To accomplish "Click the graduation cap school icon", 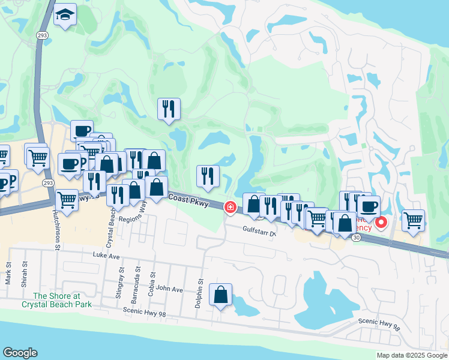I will click(64, 16).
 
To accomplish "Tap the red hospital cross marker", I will click(230, 207).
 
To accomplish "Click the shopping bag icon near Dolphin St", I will click(221, 295).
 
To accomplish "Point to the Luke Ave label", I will click(107, 255).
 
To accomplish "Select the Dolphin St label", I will click(199, 293).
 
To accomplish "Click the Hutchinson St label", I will click(58, 231).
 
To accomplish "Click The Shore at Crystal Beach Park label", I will click(56, 299).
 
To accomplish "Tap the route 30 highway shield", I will click(357, 238).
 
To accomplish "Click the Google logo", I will click(20, 353).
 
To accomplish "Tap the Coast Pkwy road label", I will click(188, 200).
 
